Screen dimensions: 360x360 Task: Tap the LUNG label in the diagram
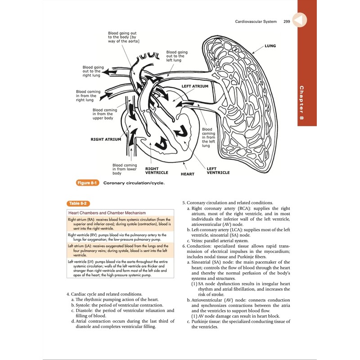[270, 46]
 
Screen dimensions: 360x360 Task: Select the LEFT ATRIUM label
[195, 86]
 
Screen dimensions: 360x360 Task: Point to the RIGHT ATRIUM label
[106, 139]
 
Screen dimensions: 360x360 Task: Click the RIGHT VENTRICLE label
[157, 171]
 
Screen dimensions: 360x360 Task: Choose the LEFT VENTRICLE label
[218, 171]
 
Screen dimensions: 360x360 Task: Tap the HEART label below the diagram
[187, 173]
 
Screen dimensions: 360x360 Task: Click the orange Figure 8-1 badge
[88, 183]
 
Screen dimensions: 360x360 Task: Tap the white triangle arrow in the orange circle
[299, 20]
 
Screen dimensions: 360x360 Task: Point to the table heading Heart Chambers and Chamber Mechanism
[107, 212]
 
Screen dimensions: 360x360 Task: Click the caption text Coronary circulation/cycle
[134, 183]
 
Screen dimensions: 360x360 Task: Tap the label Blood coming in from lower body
[124, 169]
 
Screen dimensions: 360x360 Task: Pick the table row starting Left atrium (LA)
[118, 250]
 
